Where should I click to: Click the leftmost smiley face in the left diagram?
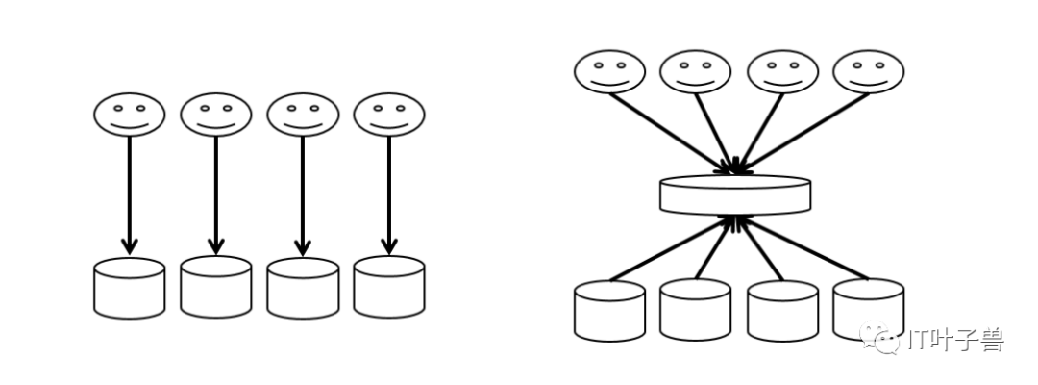130,115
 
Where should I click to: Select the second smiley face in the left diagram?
216,115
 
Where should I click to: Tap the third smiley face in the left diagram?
303,115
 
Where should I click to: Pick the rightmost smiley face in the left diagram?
389,115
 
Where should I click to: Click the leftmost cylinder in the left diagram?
130,288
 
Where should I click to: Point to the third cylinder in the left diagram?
303,288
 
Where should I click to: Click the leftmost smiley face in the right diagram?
610,72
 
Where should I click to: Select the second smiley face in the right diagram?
696,72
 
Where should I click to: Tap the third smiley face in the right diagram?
782,72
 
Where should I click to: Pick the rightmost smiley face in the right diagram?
869,72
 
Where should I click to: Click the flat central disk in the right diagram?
735,194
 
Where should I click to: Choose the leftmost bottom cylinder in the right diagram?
609,310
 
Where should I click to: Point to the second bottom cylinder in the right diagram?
696,310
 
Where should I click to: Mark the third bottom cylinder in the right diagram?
782,310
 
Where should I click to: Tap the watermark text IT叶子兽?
956,340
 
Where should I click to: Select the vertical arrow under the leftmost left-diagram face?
130,192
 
